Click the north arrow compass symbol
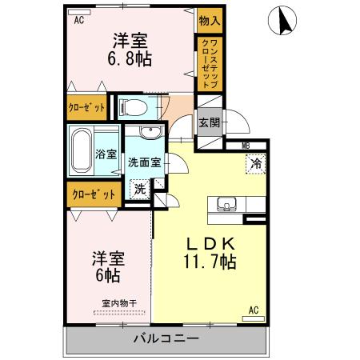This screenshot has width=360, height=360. [x=284, y=20]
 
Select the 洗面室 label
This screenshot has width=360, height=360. [x=144, y=161]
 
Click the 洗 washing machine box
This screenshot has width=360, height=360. [x=139, y=190]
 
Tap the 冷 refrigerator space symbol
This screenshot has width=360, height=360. [x=257, y=163]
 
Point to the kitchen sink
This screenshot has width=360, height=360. [x=225, y=205]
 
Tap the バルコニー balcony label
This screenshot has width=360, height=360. [x=166, y=339]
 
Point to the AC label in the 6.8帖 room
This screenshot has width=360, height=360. [x=79, y=22]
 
